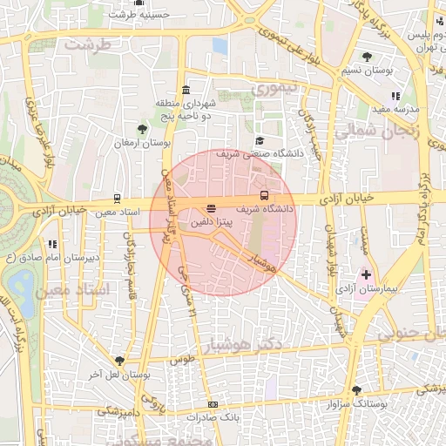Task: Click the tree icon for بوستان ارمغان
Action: coord(143,130)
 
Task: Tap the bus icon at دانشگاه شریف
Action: coord(265,195)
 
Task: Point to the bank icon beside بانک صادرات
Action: coord(213,405)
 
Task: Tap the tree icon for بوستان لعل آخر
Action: coord(119,361)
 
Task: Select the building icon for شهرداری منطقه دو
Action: coord(186,91)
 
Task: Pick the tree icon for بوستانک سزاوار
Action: coord(355,390)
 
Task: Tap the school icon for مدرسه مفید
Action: coord(395,96)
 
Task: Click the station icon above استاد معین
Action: coord(118,199)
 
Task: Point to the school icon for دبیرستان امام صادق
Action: coord(53,245)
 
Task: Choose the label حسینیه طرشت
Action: coord(132,15)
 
